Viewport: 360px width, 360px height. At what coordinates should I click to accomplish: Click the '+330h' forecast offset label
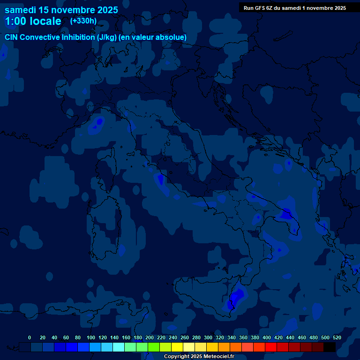coord(83,21)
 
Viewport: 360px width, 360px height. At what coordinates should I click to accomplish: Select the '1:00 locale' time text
coord(33,21)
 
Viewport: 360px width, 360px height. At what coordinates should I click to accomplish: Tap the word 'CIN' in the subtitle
coord(12,37)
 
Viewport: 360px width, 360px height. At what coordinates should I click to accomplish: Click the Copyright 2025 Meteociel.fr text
coord(199,357)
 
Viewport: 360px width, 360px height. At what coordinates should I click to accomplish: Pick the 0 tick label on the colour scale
coord(30,337)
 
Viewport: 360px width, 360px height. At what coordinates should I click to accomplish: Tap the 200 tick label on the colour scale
coord(150,337)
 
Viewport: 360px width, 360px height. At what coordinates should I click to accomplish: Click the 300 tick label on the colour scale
coord(208,337)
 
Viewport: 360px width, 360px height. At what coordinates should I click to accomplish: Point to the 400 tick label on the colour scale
coord(267,337)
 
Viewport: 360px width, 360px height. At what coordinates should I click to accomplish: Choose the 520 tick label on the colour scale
coord(337,337)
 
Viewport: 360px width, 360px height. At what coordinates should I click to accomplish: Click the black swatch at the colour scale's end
coord(330,347)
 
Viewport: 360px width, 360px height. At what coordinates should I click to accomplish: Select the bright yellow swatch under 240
coord(177,347)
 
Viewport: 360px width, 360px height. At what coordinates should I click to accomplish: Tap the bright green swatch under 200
coord(154,347)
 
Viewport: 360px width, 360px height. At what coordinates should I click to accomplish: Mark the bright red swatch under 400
coord(271,347)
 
